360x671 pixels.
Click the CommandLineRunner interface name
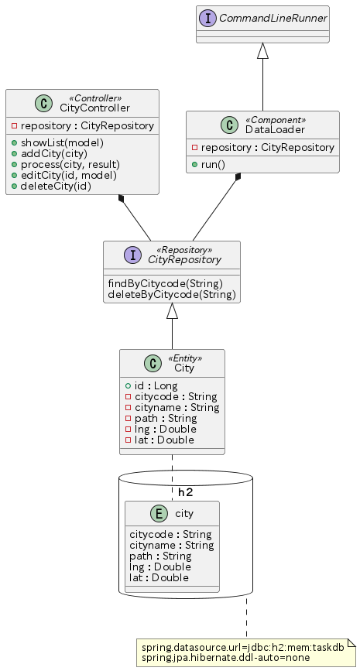(x=273, y=18)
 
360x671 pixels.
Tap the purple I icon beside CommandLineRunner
(x=208, y=18)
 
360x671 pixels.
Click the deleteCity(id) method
(x=56, y=187)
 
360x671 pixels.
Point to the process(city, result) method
(x=70, y=164)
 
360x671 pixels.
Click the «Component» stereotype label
(x=276, y=120)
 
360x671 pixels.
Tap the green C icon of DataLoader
(x=229, y=125)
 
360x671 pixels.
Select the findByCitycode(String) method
(x=166, y=283)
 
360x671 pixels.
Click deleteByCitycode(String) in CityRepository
(x=172, y=294)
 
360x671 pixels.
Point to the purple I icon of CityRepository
(x=132, y=255)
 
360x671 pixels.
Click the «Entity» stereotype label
(x=184, y=358)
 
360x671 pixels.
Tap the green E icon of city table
(x=159, y=514)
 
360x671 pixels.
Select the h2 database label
(x=185, y=492)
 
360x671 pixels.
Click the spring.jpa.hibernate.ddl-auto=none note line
(x=225, y=658)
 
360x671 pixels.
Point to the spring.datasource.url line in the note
(x=243, y=648)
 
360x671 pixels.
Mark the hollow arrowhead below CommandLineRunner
(x=262, y=50)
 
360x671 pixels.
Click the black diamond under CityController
(x=122, y=199)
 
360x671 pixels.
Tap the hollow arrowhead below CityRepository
(x=172, y=310)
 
